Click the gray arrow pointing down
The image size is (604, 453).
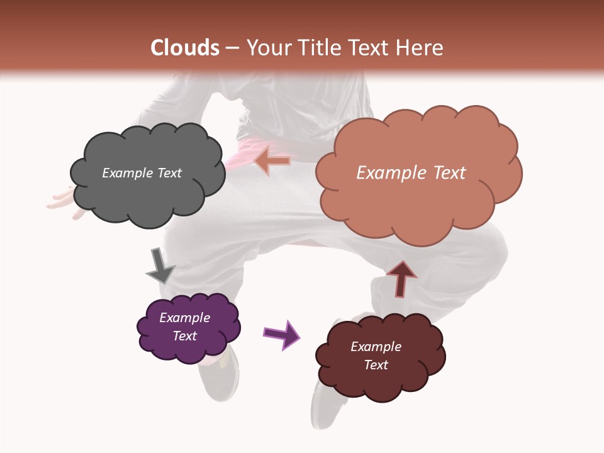pyautogui.click(x=160, y=266)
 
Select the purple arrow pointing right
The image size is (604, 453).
pyautogui.click(x=281, y=334)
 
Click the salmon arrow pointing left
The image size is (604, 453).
pyautogui.click(x=272, y=161)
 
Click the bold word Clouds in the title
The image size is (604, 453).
pyautogui.click(x=185, y=48)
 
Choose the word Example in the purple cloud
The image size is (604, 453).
pyautogui.click(x=185, y=318)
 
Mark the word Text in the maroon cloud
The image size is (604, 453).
pyautogui.click(x=376, y=365)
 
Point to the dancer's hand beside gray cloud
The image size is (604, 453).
pyautogui.click(x=63, y=203)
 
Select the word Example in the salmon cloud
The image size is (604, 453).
pyautogui.click(x=389, y=173)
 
